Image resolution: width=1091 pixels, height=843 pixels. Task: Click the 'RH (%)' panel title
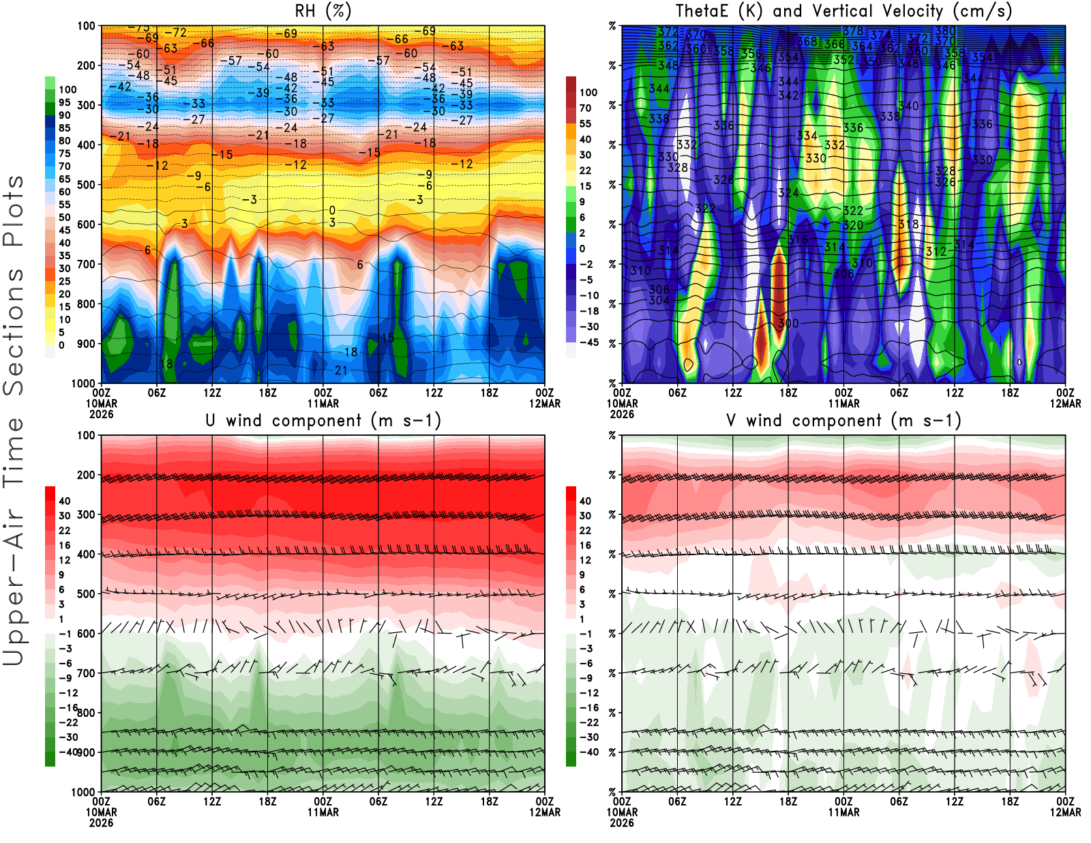pos(323,12)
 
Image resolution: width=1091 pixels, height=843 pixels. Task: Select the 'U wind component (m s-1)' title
pos(323,421)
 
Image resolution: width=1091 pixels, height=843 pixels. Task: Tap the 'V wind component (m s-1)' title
pos(843,421)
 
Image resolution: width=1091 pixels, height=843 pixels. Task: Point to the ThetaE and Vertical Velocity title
pos(843,12)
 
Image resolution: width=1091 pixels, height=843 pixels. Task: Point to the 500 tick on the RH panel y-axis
pos(86,185)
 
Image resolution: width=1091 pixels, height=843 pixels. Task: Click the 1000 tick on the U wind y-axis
pos(83,792)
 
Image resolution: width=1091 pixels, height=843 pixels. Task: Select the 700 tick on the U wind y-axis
pos(86,673)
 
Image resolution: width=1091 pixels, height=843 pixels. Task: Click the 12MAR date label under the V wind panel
pos(1065,812)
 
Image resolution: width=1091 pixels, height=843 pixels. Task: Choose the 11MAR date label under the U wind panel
pos(323,812)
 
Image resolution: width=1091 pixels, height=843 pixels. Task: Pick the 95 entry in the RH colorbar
pos(65,102)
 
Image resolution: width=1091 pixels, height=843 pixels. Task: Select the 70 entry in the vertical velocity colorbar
pos(585,108)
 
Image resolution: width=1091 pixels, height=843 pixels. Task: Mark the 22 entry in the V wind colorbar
pos(585,531)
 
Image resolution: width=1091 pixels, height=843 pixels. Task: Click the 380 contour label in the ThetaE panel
pos(945,31)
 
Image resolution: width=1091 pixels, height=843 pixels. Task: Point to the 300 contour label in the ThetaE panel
pos(788,323)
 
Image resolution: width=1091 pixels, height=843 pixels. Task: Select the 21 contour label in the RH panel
pos(341,370)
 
